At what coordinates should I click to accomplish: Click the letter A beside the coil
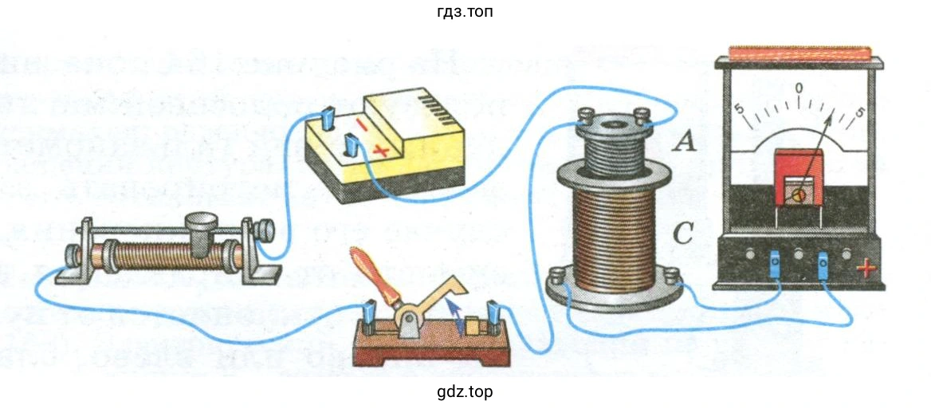coord(685,142)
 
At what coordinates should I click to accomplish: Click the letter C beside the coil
coord(684,234)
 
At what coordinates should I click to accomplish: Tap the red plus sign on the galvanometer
coord(865,269)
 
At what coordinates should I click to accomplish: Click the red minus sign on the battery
coord(362,125)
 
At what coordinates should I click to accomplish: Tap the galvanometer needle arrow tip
coord(835,116)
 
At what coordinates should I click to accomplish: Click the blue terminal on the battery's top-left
coord(328,122)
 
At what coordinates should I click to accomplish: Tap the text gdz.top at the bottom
coord(465,391)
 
